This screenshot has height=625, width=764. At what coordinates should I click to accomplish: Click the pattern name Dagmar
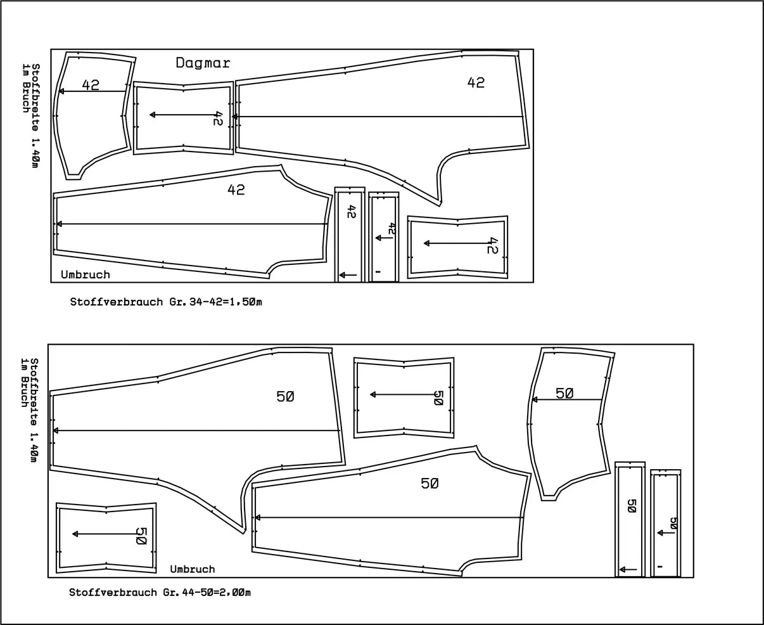[x=203, y=63]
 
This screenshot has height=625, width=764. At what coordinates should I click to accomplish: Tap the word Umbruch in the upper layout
[x=86, y=274]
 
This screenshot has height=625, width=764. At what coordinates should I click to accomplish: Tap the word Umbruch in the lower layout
[x=193, y=569]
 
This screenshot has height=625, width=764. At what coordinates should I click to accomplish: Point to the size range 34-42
[x=206, y=302]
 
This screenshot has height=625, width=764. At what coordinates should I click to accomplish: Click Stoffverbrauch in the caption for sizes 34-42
[x=117, y=302]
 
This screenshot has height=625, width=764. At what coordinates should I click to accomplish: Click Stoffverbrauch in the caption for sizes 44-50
[x=113, y=593]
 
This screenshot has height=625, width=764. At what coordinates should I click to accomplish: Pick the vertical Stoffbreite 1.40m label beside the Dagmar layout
[x=35, y=116]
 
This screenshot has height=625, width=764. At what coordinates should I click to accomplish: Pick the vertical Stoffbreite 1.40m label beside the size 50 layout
[x=34, y=410]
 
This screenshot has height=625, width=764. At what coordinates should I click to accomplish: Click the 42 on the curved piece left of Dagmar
[x=91, y=85]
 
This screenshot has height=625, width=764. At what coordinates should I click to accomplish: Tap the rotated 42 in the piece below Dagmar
[x=217, y=119]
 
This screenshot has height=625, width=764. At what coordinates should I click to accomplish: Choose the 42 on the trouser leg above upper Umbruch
[x=236, y=190]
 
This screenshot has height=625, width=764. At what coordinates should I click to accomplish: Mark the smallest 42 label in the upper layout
[x=392, y=228]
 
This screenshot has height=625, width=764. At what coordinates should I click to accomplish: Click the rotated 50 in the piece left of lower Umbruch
[x=141, y=536]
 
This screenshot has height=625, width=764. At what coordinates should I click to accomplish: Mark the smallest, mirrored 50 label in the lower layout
[x=673, y=523]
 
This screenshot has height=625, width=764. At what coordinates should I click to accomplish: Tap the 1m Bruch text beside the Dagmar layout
[x=25, y=88]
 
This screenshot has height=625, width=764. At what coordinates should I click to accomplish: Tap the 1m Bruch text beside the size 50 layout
[x=24, y=382]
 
